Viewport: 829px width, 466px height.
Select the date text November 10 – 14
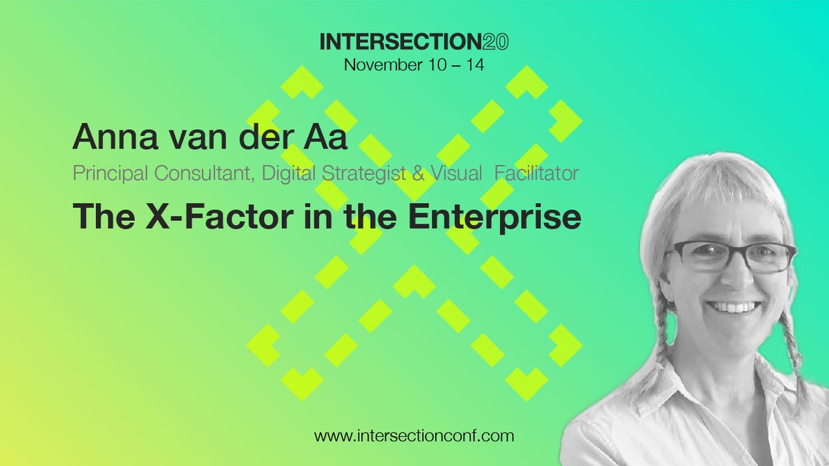click(414, 65)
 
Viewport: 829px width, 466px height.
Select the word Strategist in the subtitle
click(372, 173)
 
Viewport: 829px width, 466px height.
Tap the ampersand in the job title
click(419, 173)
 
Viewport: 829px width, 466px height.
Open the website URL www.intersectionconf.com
click(414, 436)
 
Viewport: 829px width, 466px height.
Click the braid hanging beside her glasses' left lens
click(660, 331)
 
